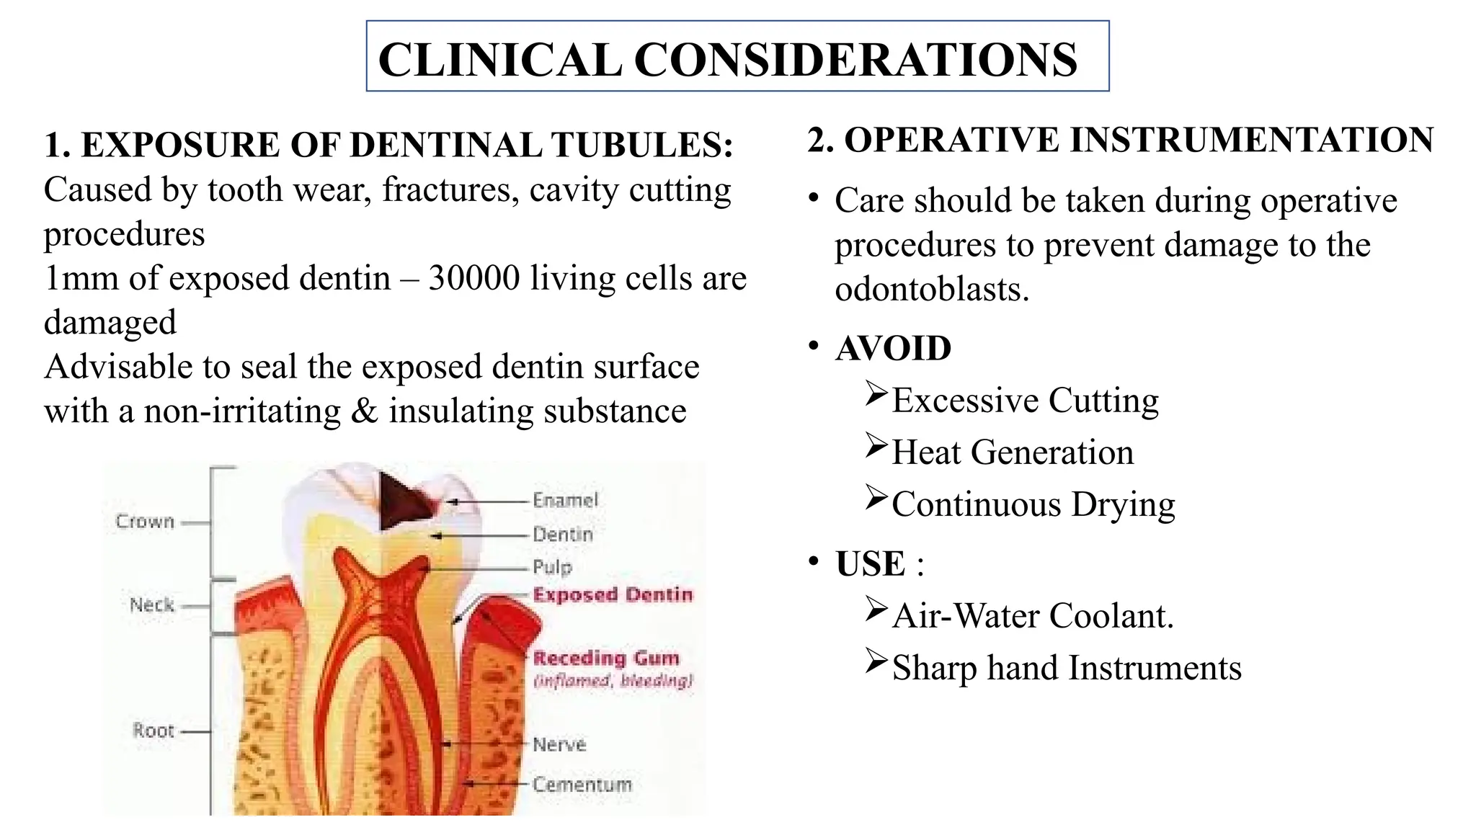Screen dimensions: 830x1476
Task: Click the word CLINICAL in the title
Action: click(x=499, y=59)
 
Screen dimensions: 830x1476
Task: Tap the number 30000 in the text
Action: click(x=474, y=278)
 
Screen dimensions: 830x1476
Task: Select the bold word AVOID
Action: click(x=893, y=349)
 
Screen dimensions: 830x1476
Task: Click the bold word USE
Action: click(x=870, y=563)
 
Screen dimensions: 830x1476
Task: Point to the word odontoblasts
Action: click(x=931, y=290)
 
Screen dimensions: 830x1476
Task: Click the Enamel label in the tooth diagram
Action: click(x=566, y=500)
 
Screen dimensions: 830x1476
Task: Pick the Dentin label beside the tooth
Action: click(x=563, y=535)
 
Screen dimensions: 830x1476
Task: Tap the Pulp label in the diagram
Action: click(x=552, y=567)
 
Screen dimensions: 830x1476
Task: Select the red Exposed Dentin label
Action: click(x=613, y=594)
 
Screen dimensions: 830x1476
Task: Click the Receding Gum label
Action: click(x=606, y=658)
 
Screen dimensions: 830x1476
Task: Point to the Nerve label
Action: click(x=559, y=744)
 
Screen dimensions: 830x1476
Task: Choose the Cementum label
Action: click(x=582, y=785)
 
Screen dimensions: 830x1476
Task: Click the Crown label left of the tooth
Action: click(x=145, y=522)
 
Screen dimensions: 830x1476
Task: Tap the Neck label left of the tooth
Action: click(x=152, y=605)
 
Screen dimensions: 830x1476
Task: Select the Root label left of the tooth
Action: click(x=154, y=731)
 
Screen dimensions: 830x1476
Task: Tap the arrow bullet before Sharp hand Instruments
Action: click(x=876, y=661)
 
